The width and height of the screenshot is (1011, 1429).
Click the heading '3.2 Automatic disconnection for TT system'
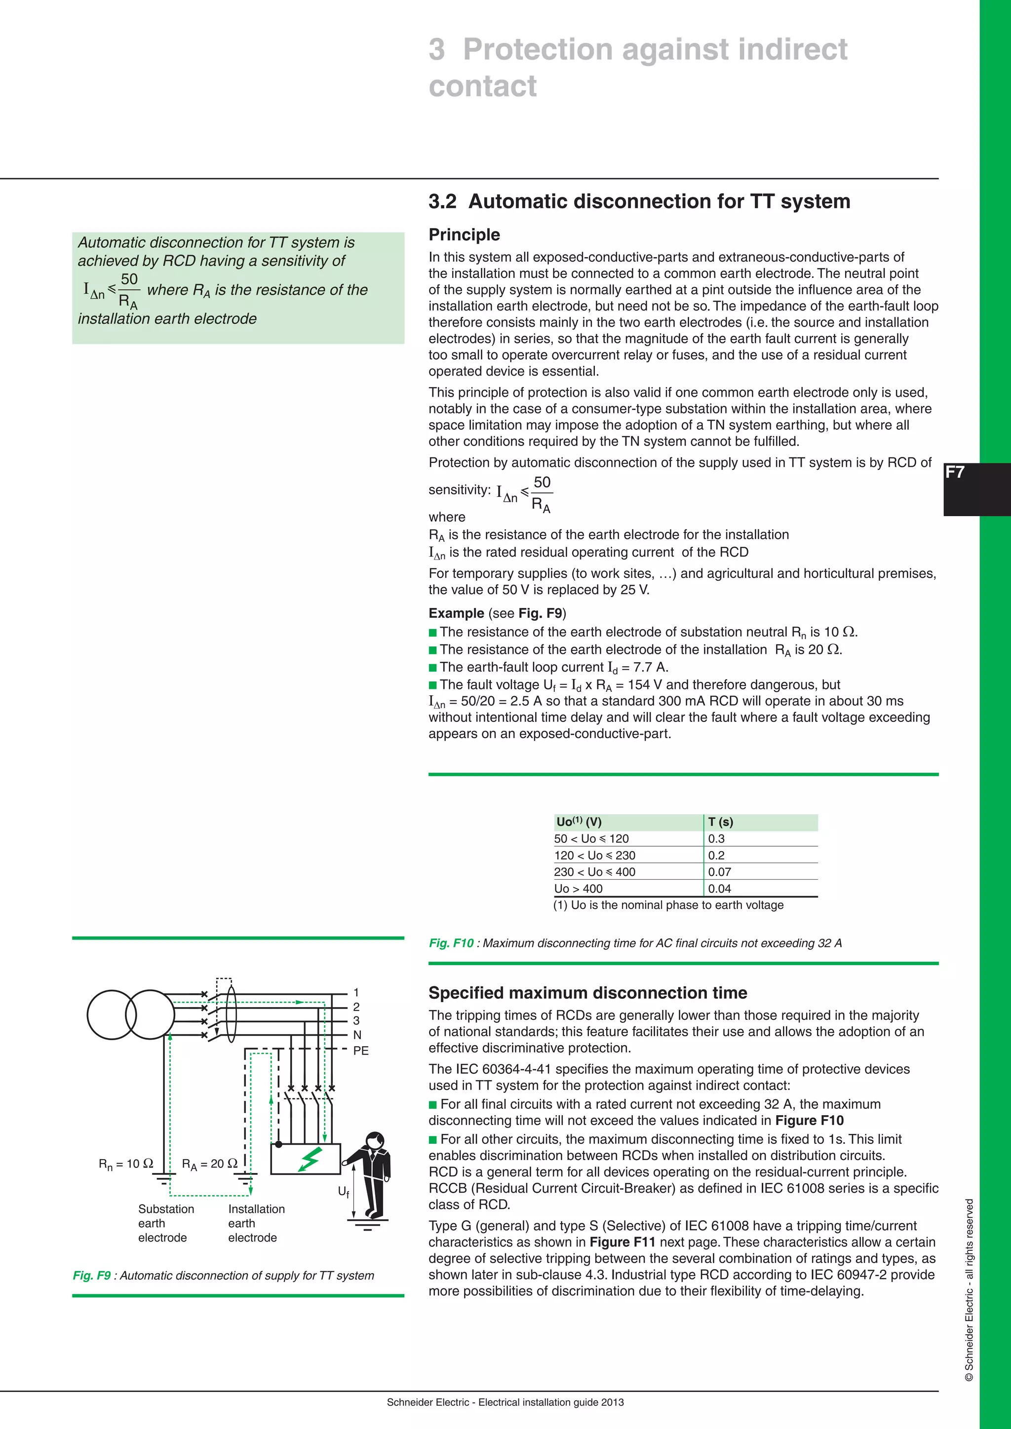click(639, 202)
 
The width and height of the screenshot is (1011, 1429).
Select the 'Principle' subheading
click(464, 235)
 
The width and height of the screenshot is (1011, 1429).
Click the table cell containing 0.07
click(719, 872)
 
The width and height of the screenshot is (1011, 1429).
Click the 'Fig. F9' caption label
click(91, 1275)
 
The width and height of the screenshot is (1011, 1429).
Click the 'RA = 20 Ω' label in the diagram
click(209, 1164)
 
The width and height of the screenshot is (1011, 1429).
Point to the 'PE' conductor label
click(360, 1051)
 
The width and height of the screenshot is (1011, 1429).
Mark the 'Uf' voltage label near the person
click(343, 1191)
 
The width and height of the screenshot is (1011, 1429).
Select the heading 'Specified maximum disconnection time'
click(587, 993)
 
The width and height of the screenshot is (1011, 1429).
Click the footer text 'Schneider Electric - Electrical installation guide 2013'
click(505, 1402)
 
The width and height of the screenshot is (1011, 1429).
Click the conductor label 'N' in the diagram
click(357, 1035)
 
